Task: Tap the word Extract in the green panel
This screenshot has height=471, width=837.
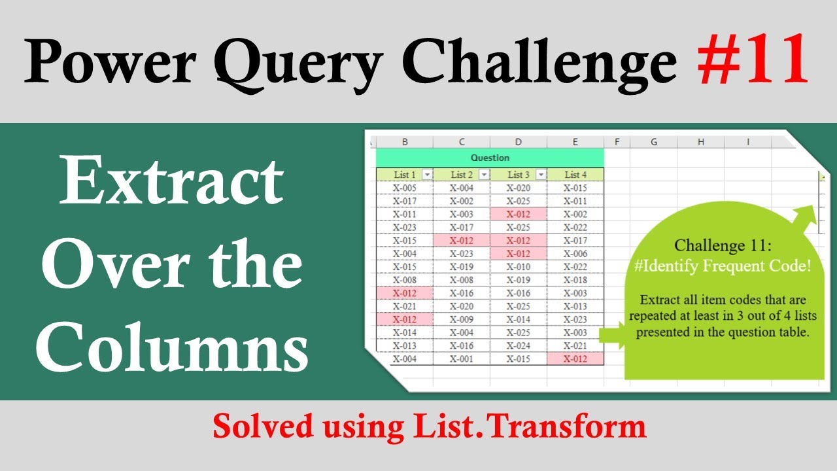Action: click(x=171, y=183)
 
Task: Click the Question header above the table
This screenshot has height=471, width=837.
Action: click(x=490, y=158)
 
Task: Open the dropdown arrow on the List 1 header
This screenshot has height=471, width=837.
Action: click(x=427, y=175)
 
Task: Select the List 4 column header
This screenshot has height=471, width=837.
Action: click(x=575, y=175)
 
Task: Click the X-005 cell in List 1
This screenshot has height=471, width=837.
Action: click(x=404, y=188)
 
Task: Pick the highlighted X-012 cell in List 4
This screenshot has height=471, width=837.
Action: click(x=575, y=358)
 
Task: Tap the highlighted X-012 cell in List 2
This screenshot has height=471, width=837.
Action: click(x=462, y=240)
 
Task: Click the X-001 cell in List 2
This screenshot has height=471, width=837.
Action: click(x=462, y=358)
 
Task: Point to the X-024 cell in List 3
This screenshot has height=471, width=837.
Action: click(x=519, y=345)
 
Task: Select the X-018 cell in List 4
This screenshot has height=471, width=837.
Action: click(x=575, y=279)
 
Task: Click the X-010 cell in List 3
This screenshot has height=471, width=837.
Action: click(x=519, y=266)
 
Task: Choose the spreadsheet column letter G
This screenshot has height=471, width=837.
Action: click(x=653, y=141)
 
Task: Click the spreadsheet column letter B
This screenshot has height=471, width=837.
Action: click(x=405, y=141)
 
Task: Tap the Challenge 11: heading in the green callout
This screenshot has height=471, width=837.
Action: click(x=723, y=246)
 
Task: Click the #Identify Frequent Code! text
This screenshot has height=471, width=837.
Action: click(x=723, y=266)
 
